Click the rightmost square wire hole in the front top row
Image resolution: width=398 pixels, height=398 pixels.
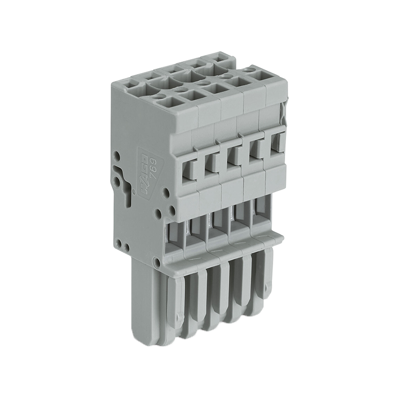click(259, 76)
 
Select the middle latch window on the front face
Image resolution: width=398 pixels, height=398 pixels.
click(232, 153)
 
